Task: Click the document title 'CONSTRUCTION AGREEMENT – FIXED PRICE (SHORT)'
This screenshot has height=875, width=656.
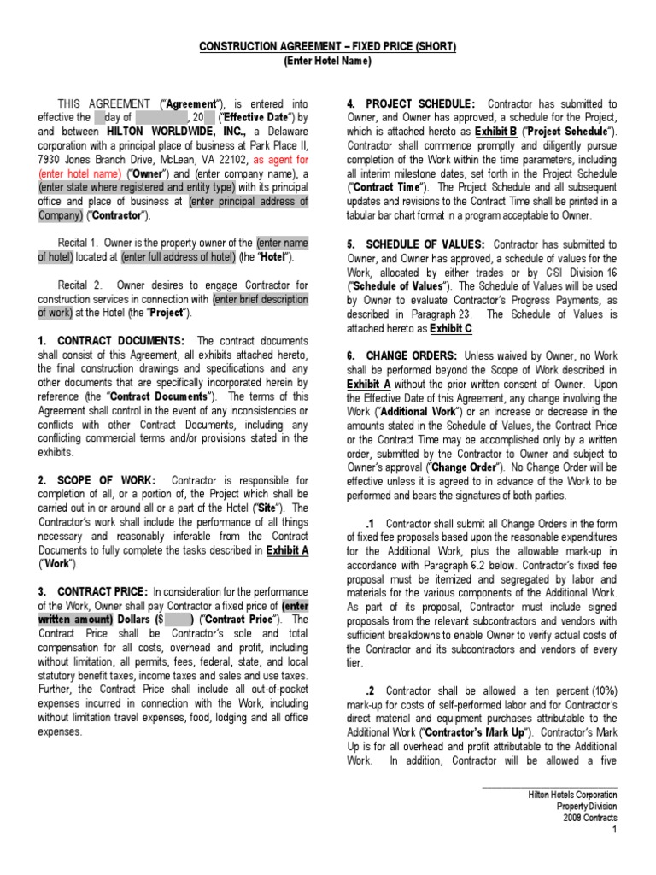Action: pyautogui.click(x=328, y=47)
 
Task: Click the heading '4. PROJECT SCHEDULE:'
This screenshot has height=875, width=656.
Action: pyautogui.click(x=411, y=103)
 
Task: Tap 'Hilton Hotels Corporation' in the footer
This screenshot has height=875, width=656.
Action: pyautogui.click(x=572, y=794)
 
